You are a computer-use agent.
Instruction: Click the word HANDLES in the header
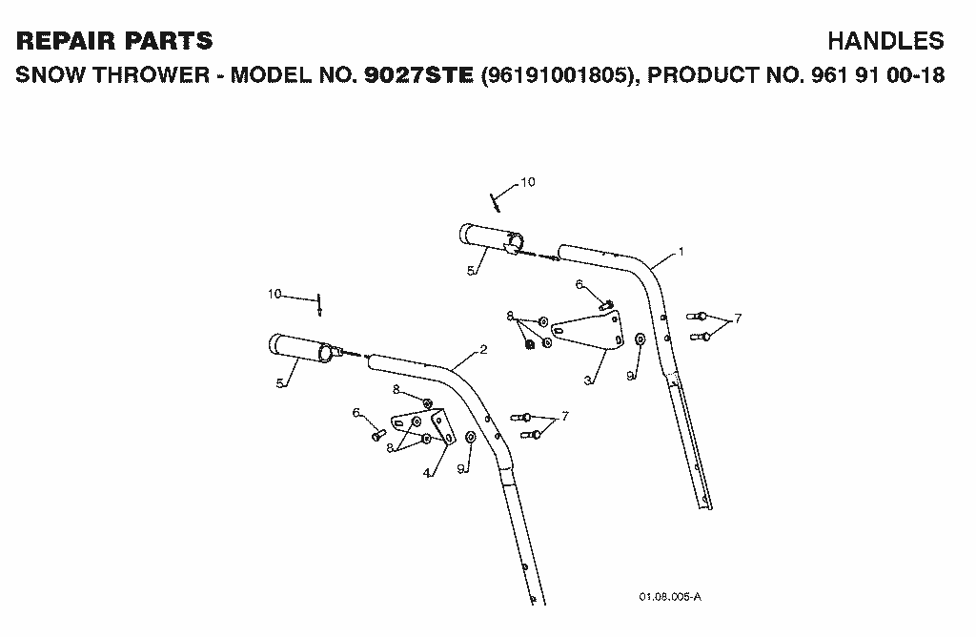(885, 41)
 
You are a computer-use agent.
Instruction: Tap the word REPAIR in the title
(66, 41)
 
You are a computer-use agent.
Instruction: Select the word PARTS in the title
(169, 41)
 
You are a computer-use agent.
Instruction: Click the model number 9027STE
(419, 75)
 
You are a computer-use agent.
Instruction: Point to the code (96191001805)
(559, 75)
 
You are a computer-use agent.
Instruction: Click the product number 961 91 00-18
(878, 75)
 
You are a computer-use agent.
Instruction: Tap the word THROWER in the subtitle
(152, 75)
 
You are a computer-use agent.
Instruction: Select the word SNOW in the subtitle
(51, 75)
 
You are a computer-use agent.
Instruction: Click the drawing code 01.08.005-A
(670, 597)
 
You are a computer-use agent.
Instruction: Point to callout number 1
(681, 252)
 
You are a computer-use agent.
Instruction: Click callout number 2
(483, 349)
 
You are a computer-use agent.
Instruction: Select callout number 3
(587, 380)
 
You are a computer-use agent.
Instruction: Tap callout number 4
(426, 473)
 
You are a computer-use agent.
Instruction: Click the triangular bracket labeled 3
(588, 331)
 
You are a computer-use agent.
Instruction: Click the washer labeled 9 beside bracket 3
(640, 339)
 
